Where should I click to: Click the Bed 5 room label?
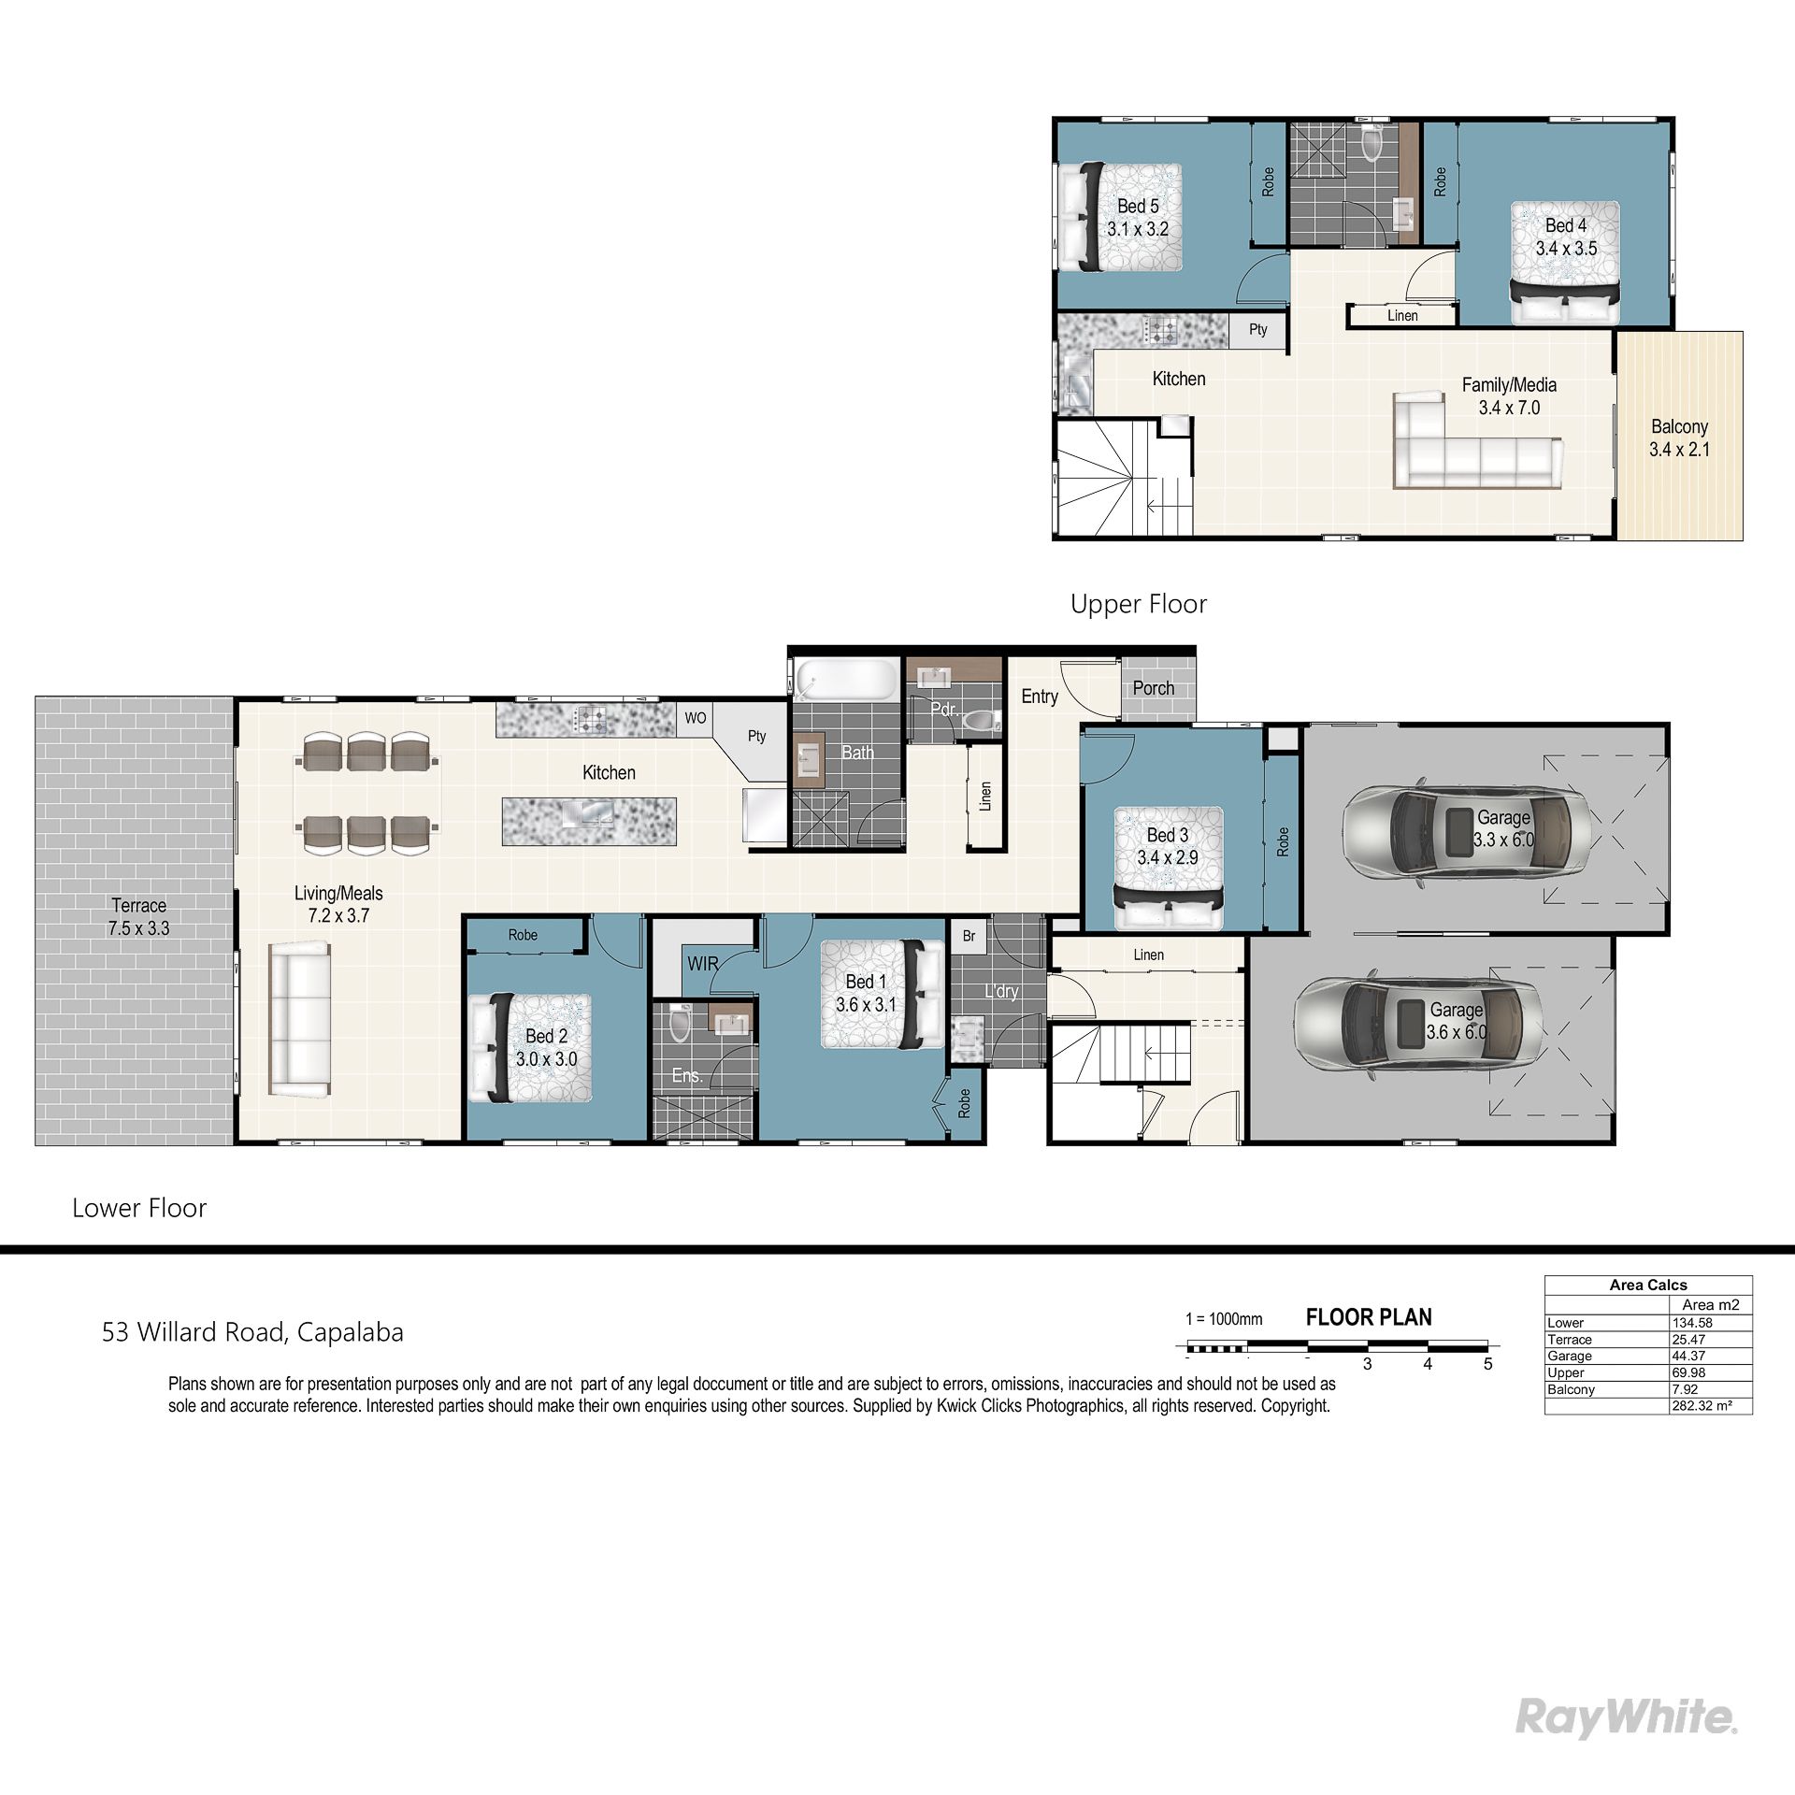coord(1138,206)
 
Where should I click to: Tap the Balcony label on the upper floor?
coord(1679,426)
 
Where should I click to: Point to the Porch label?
coord(1153,688)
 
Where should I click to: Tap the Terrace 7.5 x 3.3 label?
coord(138,917)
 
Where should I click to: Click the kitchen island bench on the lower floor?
coord(589,821)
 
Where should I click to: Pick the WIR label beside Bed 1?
coord(703,963)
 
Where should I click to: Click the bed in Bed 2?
coord(530,1048)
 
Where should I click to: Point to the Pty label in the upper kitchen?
coord(1258,329)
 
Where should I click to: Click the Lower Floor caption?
coord(139,1208)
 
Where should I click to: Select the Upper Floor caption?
coord(1139,604)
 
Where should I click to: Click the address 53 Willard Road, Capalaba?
coord(252,1332)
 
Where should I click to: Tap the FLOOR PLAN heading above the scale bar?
coord(1369,1317)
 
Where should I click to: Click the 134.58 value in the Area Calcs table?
coord(1692,1323)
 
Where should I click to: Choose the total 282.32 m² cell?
coord(1698,1406)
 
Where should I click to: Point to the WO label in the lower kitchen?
coord(696,718)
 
